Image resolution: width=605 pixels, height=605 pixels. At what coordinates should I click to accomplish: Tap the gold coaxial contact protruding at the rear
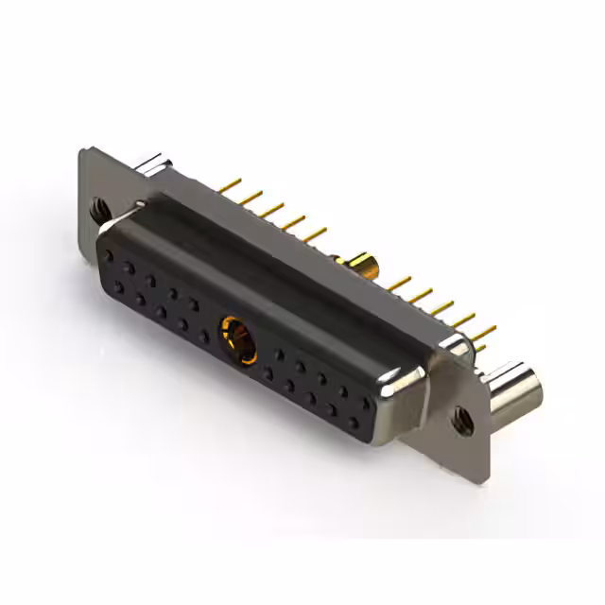pyautogui.click(x=363, y=261)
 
